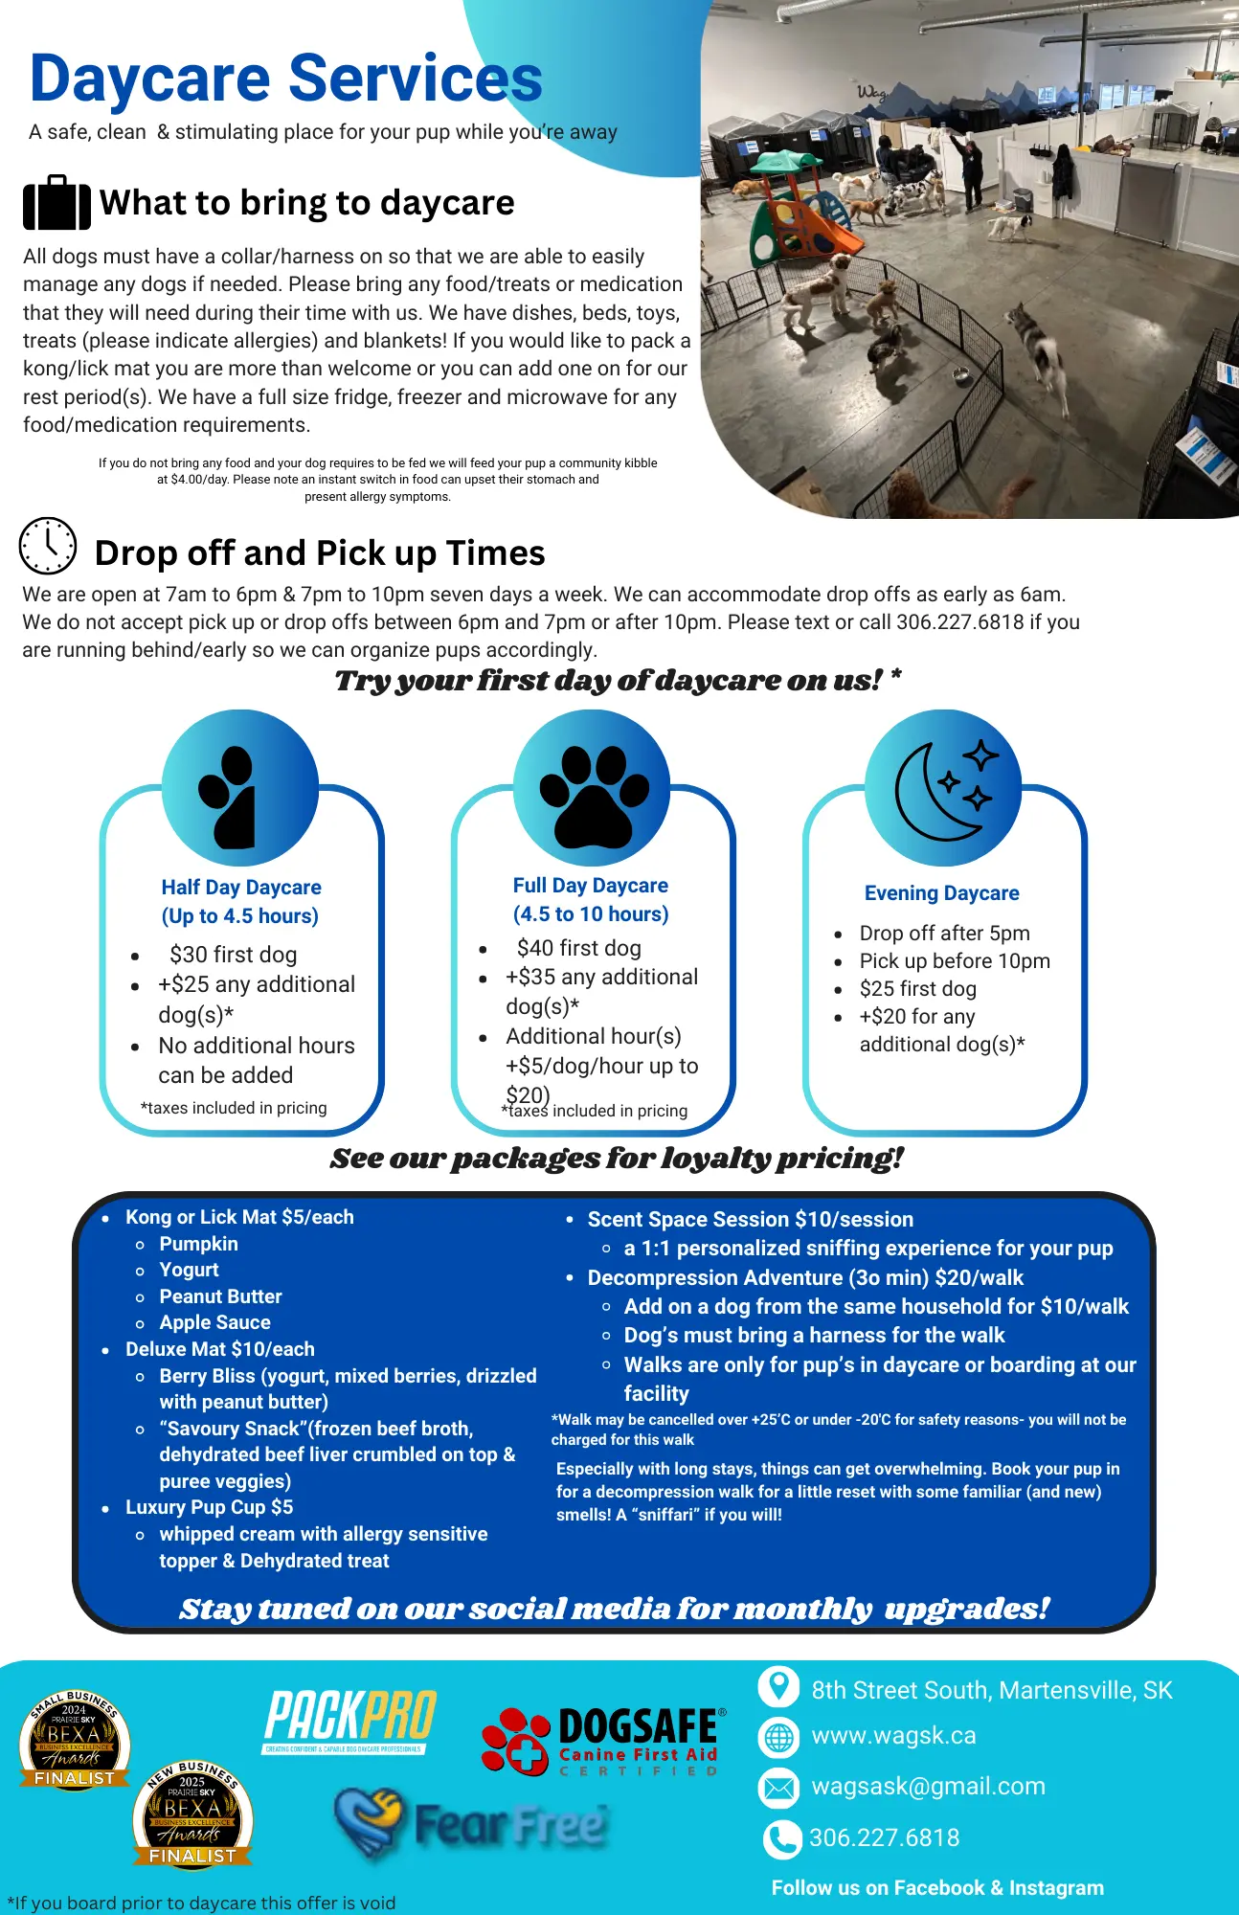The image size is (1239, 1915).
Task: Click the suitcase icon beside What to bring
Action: coord(56,203)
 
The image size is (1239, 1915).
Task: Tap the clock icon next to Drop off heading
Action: coord(48,546)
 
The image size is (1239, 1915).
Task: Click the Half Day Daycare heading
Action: coord(241,888)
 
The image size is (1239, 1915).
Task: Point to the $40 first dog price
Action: coord(578,948)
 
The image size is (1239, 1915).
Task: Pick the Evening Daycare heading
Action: coord(941,893)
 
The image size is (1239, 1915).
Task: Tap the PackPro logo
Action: coord(349,1721)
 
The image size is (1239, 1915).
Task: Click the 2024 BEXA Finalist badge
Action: coord(75,1740)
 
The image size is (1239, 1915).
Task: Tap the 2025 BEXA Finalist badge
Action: coord(192,1815)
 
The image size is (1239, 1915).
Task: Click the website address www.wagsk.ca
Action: coord(893,1736)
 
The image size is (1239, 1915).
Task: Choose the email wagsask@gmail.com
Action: coord(928,1787)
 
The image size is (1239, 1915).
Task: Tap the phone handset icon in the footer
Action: coord(781,1838)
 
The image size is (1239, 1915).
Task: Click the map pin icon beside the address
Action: coord(778,1686)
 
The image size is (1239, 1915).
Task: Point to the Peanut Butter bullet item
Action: coord(220,1296)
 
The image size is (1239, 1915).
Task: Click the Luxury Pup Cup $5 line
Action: coord(209,1507)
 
